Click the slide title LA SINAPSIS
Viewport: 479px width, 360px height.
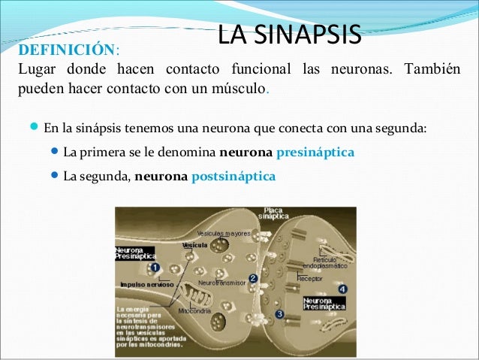point(289,34)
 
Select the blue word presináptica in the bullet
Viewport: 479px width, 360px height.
point(315,153)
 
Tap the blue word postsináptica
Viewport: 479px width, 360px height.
point(233,177)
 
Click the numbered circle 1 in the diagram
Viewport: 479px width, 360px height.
point(154,268)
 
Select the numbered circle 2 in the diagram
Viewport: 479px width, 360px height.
point(254,278)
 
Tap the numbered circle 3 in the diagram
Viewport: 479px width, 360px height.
point(279,314)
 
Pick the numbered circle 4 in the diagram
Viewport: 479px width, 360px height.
point(342,289)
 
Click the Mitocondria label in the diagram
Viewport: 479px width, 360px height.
point(194,310)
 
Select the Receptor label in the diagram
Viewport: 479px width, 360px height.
point(309,278)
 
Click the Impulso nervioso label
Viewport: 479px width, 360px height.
point(147,285)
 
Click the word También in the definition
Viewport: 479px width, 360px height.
point(438,71)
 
